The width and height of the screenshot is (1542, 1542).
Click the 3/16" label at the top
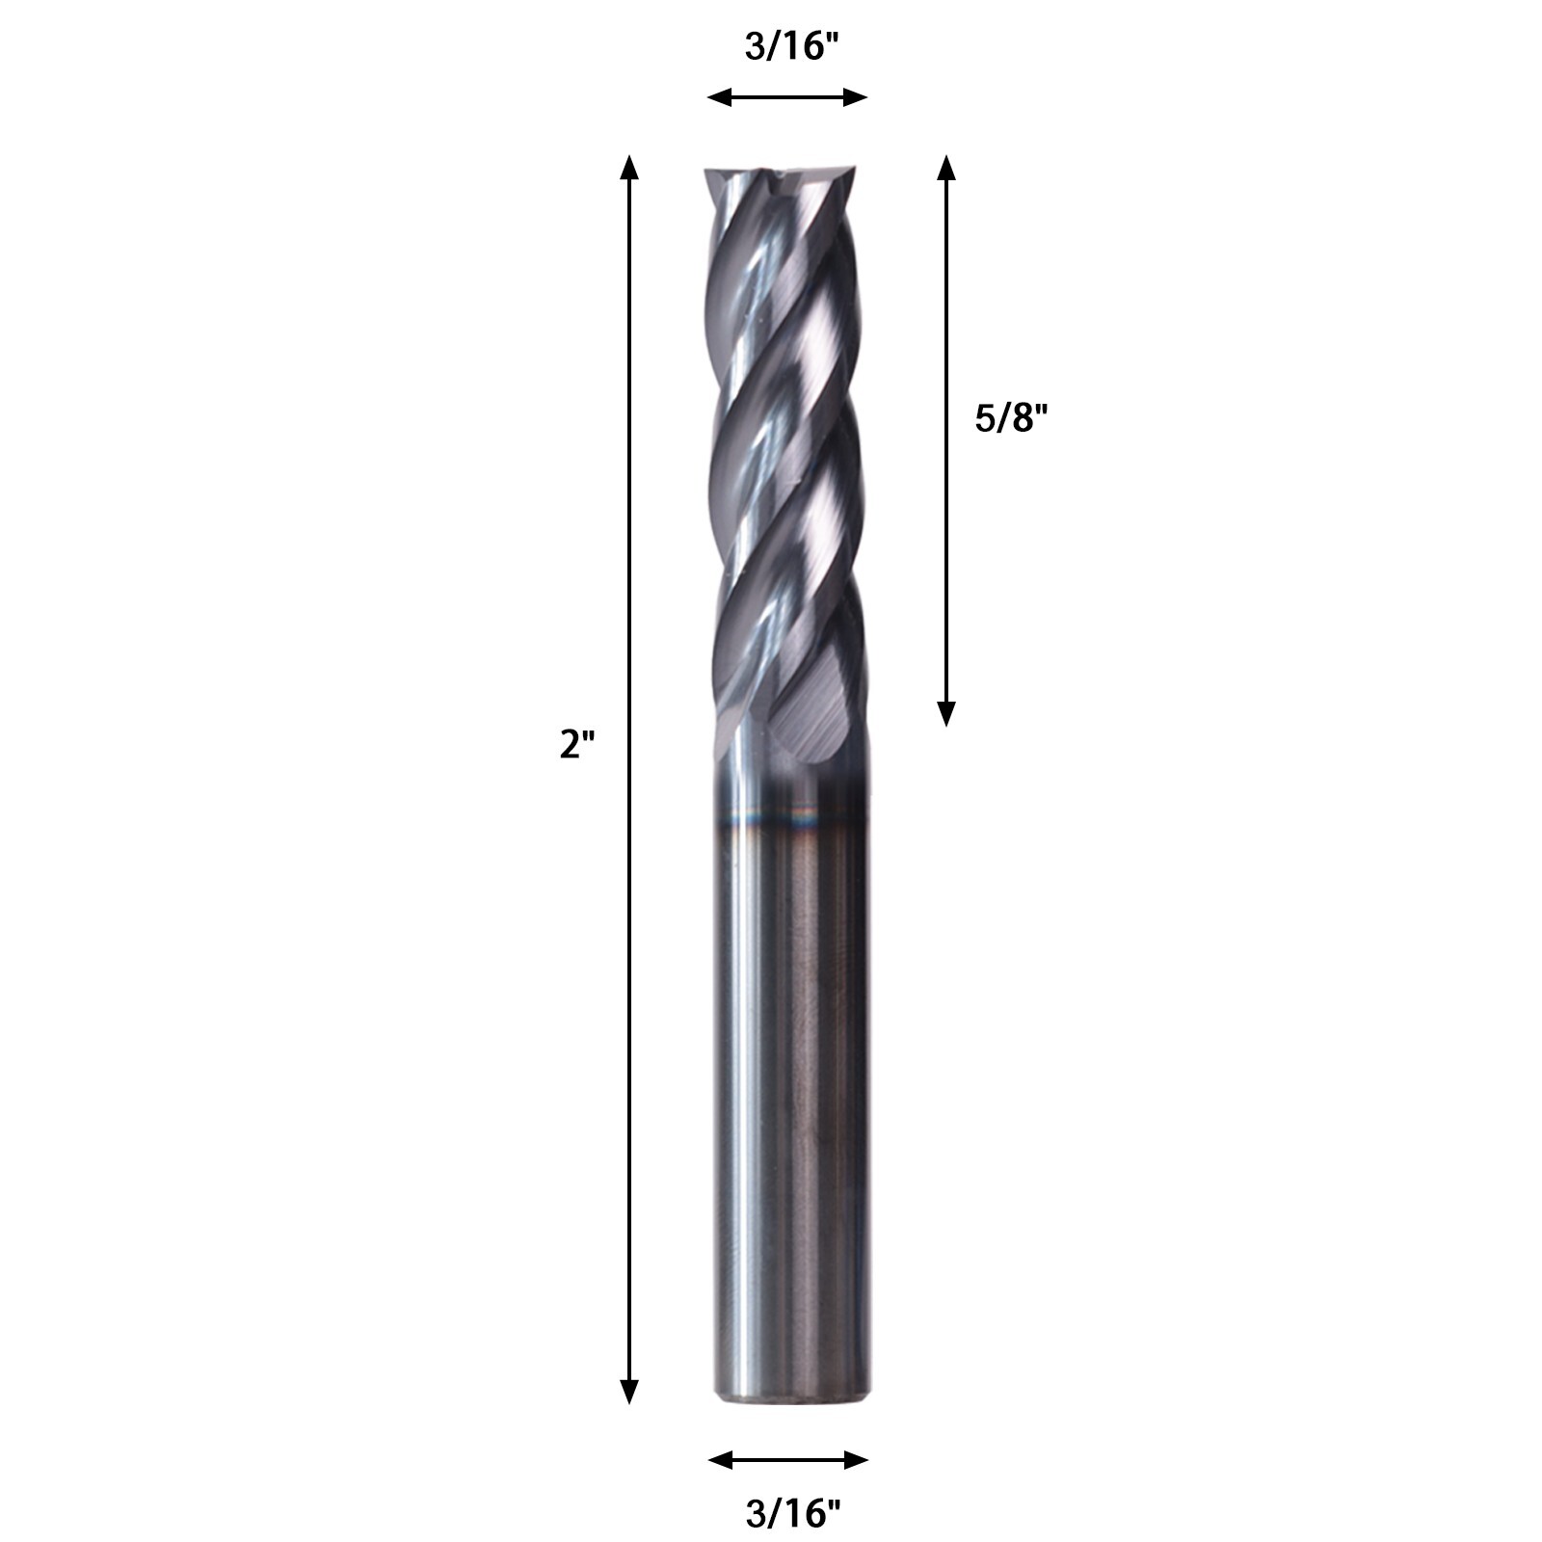(x=786, y=45)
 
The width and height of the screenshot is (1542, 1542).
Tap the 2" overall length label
(x=578, y=745)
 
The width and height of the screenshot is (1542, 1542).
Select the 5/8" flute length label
(x=1010, y=418)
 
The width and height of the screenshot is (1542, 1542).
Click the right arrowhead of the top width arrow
(x=857, y=96)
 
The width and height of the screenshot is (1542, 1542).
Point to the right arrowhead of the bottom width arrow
(x=857, y=1461)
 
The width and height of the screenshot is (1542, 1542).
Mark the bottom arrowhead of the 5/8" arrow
(x=946, y=713)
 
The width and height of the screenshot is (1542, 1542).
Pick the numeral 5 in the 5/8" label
(x=985, y=418)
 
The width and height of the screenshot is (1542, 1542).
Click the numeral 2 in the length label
(x=571, y=745)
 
